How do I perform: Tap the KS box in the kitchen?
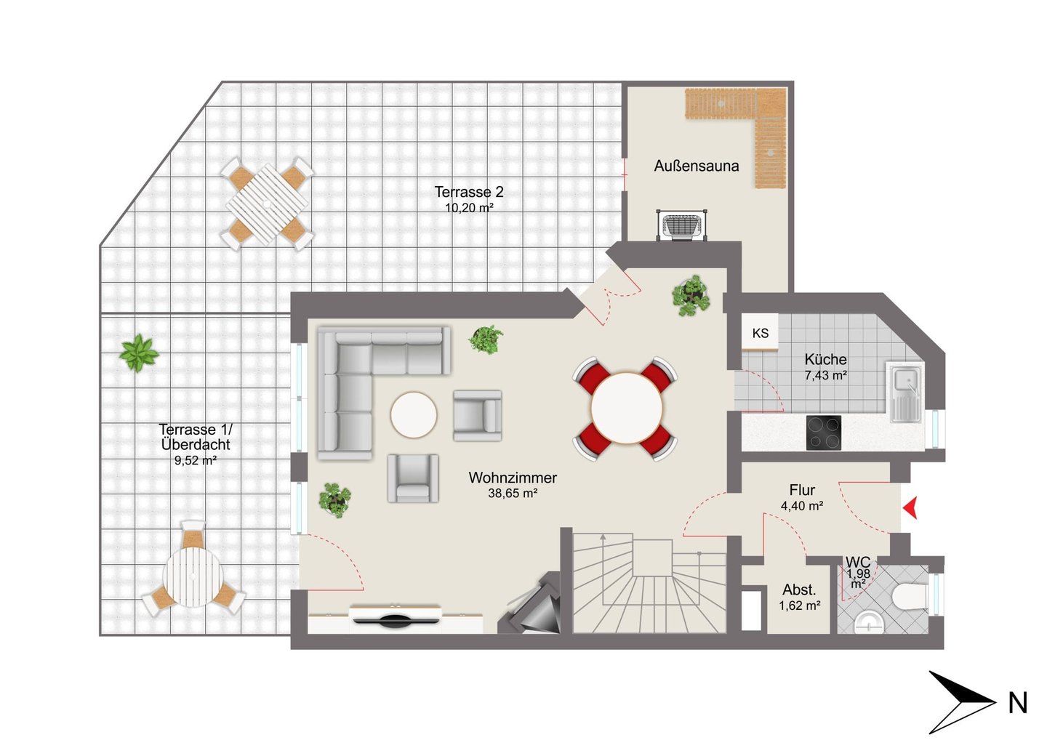tap(760, 332)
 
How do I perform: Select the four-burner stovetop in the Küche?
tap(824, 433)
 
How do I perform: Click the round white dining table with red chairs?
tap(626, 408)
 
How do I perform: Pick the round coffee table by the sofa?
tap(414, 415)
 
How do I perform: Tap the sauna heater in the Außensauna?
tap(682, 226)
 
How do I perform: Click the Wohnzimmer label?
tap(513, 478)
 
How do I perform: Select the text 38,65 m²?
tap(513, 493)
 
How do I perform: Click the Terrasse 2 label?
tap(469, 191)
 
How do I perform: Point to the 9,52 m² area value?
tap(196, 461)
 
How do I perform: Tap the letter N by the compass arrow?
tap(1018, 703)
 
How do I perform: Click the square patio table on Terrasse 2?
tap(267, 204)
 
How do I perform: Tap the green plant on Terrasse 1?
tap(139, 353)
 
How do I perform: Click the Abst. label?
tap(799, 590)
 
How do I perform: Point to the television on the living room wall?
tap(396, 621)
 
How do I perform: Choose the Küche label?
tap(825, 359)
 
